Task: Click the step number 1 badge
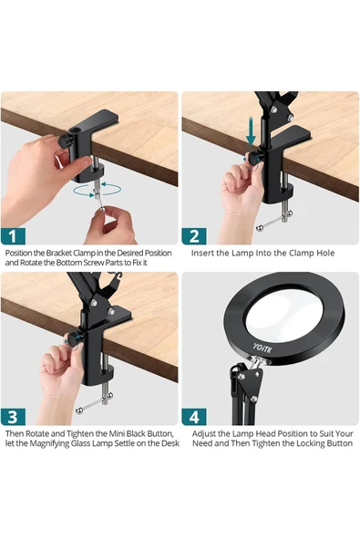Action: coord(13,236)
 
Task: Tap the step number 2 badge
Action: coord(194,236)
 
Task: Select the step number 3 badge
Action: coord(13,417)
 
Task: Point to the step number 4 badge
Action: coord(194,417)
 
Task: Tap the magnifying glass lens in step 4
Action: coord(284,313)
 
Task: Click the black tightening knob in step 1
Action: coord(66,141)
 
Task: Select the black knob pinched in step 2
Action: coord(254,158)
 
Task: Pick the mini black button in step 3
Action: coord(74,339)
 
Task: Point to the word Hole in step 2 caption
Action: coord(325,254)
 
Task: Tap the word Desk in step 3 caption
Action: coord(171,443)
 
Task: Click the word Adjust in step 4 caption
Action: coord(203,433)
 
